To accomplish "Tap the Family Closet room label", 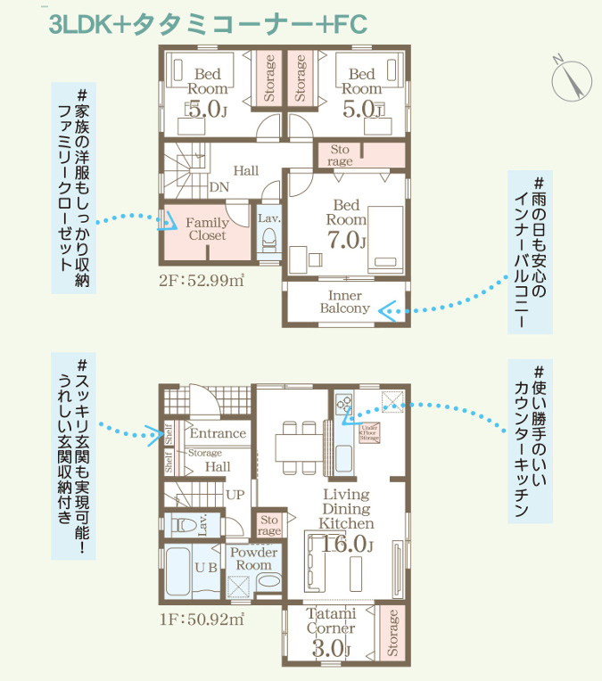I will tap(207, 229).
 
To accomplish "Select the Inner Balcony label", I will tap(344, 301).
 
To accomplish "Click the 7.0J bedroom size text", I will tap(347, 240).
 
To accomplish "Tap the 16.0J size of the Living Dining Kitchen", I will tap(347, 543).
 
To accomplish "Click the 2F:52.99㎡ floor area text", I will tap(201, 282).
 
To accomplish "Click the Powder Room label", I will tap(254, 559).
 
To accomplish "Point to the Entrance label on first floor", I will tap(218, 433).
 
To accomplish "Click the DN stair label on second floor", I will tap(219, 187).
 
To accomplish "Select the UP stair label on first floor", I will tap(235, 493).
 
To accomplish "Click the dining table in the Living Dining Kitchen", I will tap(297, 447).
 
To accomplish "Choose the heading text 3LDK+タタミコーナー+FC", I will tap(207, 25).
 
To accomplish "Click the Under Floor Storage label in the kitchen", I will tap(369, 432).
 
